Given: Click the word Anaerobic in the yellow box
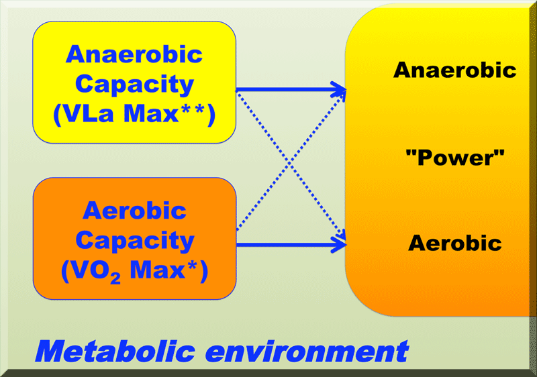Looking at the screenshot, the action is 134,55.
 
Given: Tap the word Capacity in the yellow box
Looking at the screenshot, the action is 135,85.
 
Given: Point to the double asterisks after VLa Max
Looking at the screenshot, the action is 192,110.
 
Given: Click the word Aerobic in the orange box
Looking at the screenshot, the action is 135,211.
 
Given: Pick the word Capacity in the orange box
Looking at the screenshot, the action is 135,241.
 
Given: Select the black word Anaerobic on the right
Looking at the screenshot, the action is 455,70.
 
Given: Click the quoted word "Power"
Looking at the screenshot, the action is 455,158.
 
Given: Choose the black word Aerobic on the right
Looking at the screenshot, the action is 455,244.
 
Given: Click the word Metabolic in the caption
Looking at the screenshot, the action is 115,352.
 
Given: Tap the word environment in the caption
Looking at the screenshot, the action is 307,352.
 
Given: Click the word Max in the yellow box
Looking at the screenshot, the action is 151,113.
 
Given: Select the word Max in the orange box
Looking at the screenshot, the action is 157,270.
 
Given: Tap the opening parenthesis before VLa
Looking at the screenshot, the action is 57,115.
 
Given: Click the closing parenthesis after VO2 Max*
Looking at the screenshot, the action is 203,272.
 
